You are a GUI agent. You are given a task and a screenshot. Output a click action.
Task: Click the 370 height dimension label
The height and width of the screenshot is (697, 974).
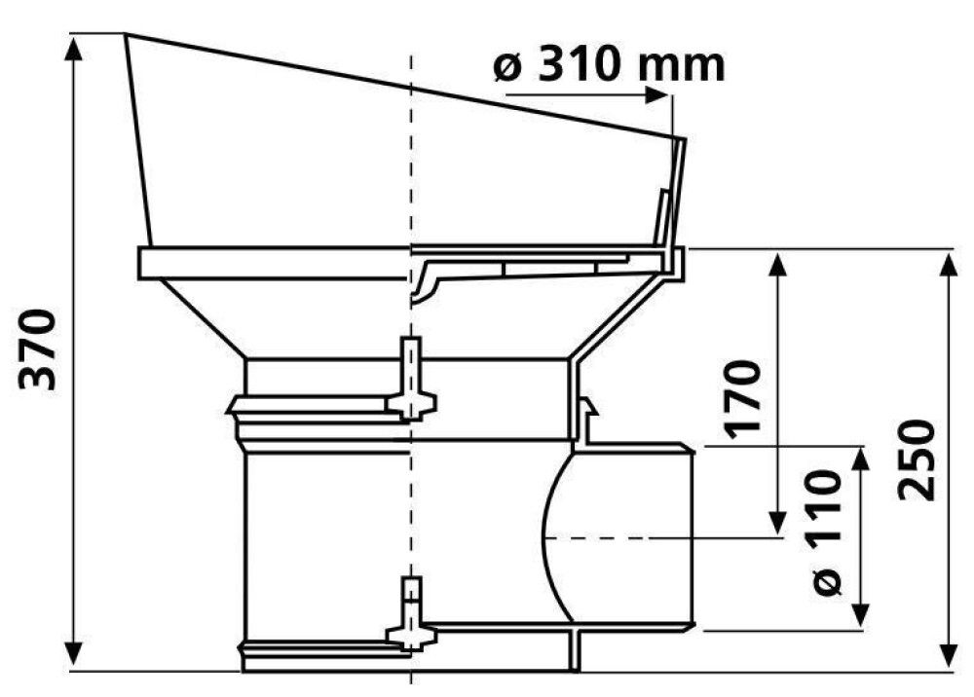(38, 348)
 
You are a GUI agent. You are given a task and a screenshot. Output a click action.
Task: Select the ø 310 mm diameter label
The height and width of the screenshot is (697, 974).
(609, 66)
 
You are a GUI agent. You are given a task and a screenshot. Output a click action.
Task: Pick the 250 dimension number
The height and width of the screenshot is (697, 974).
(917, 460)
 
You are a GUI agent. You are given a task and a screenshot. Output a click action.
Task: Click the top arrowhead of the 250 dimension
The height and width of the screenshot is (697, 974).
(948, 261)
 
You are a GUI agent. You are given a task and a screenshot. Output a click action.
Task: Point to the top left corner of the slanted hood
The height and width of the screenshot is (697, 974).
(126, 36)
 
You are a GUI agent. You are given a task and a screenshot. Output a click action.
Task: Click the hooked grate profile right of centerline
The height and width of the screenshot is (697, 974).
(426, 282)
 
